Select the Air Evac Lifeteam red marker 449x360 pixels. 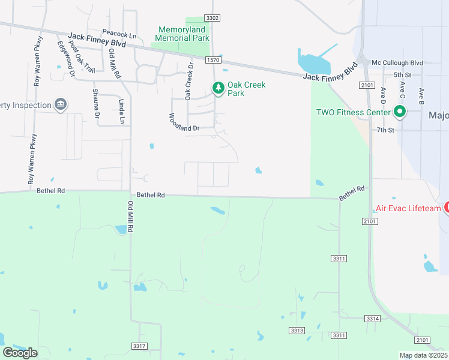point(447,208)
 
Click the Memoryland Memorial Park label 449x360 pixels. point(183,34)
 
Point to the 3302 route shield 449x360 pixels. point(212,19)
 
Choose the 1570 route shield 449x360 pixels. point(212,60)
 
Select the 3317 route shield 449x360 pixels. point(139,346)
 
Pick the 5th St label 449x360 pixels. point(402,74)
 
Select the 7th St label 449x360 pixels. point(385,130)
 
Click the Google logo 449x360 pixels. point(20,353)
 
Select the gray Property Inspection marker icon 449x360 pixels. point(60,105)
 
